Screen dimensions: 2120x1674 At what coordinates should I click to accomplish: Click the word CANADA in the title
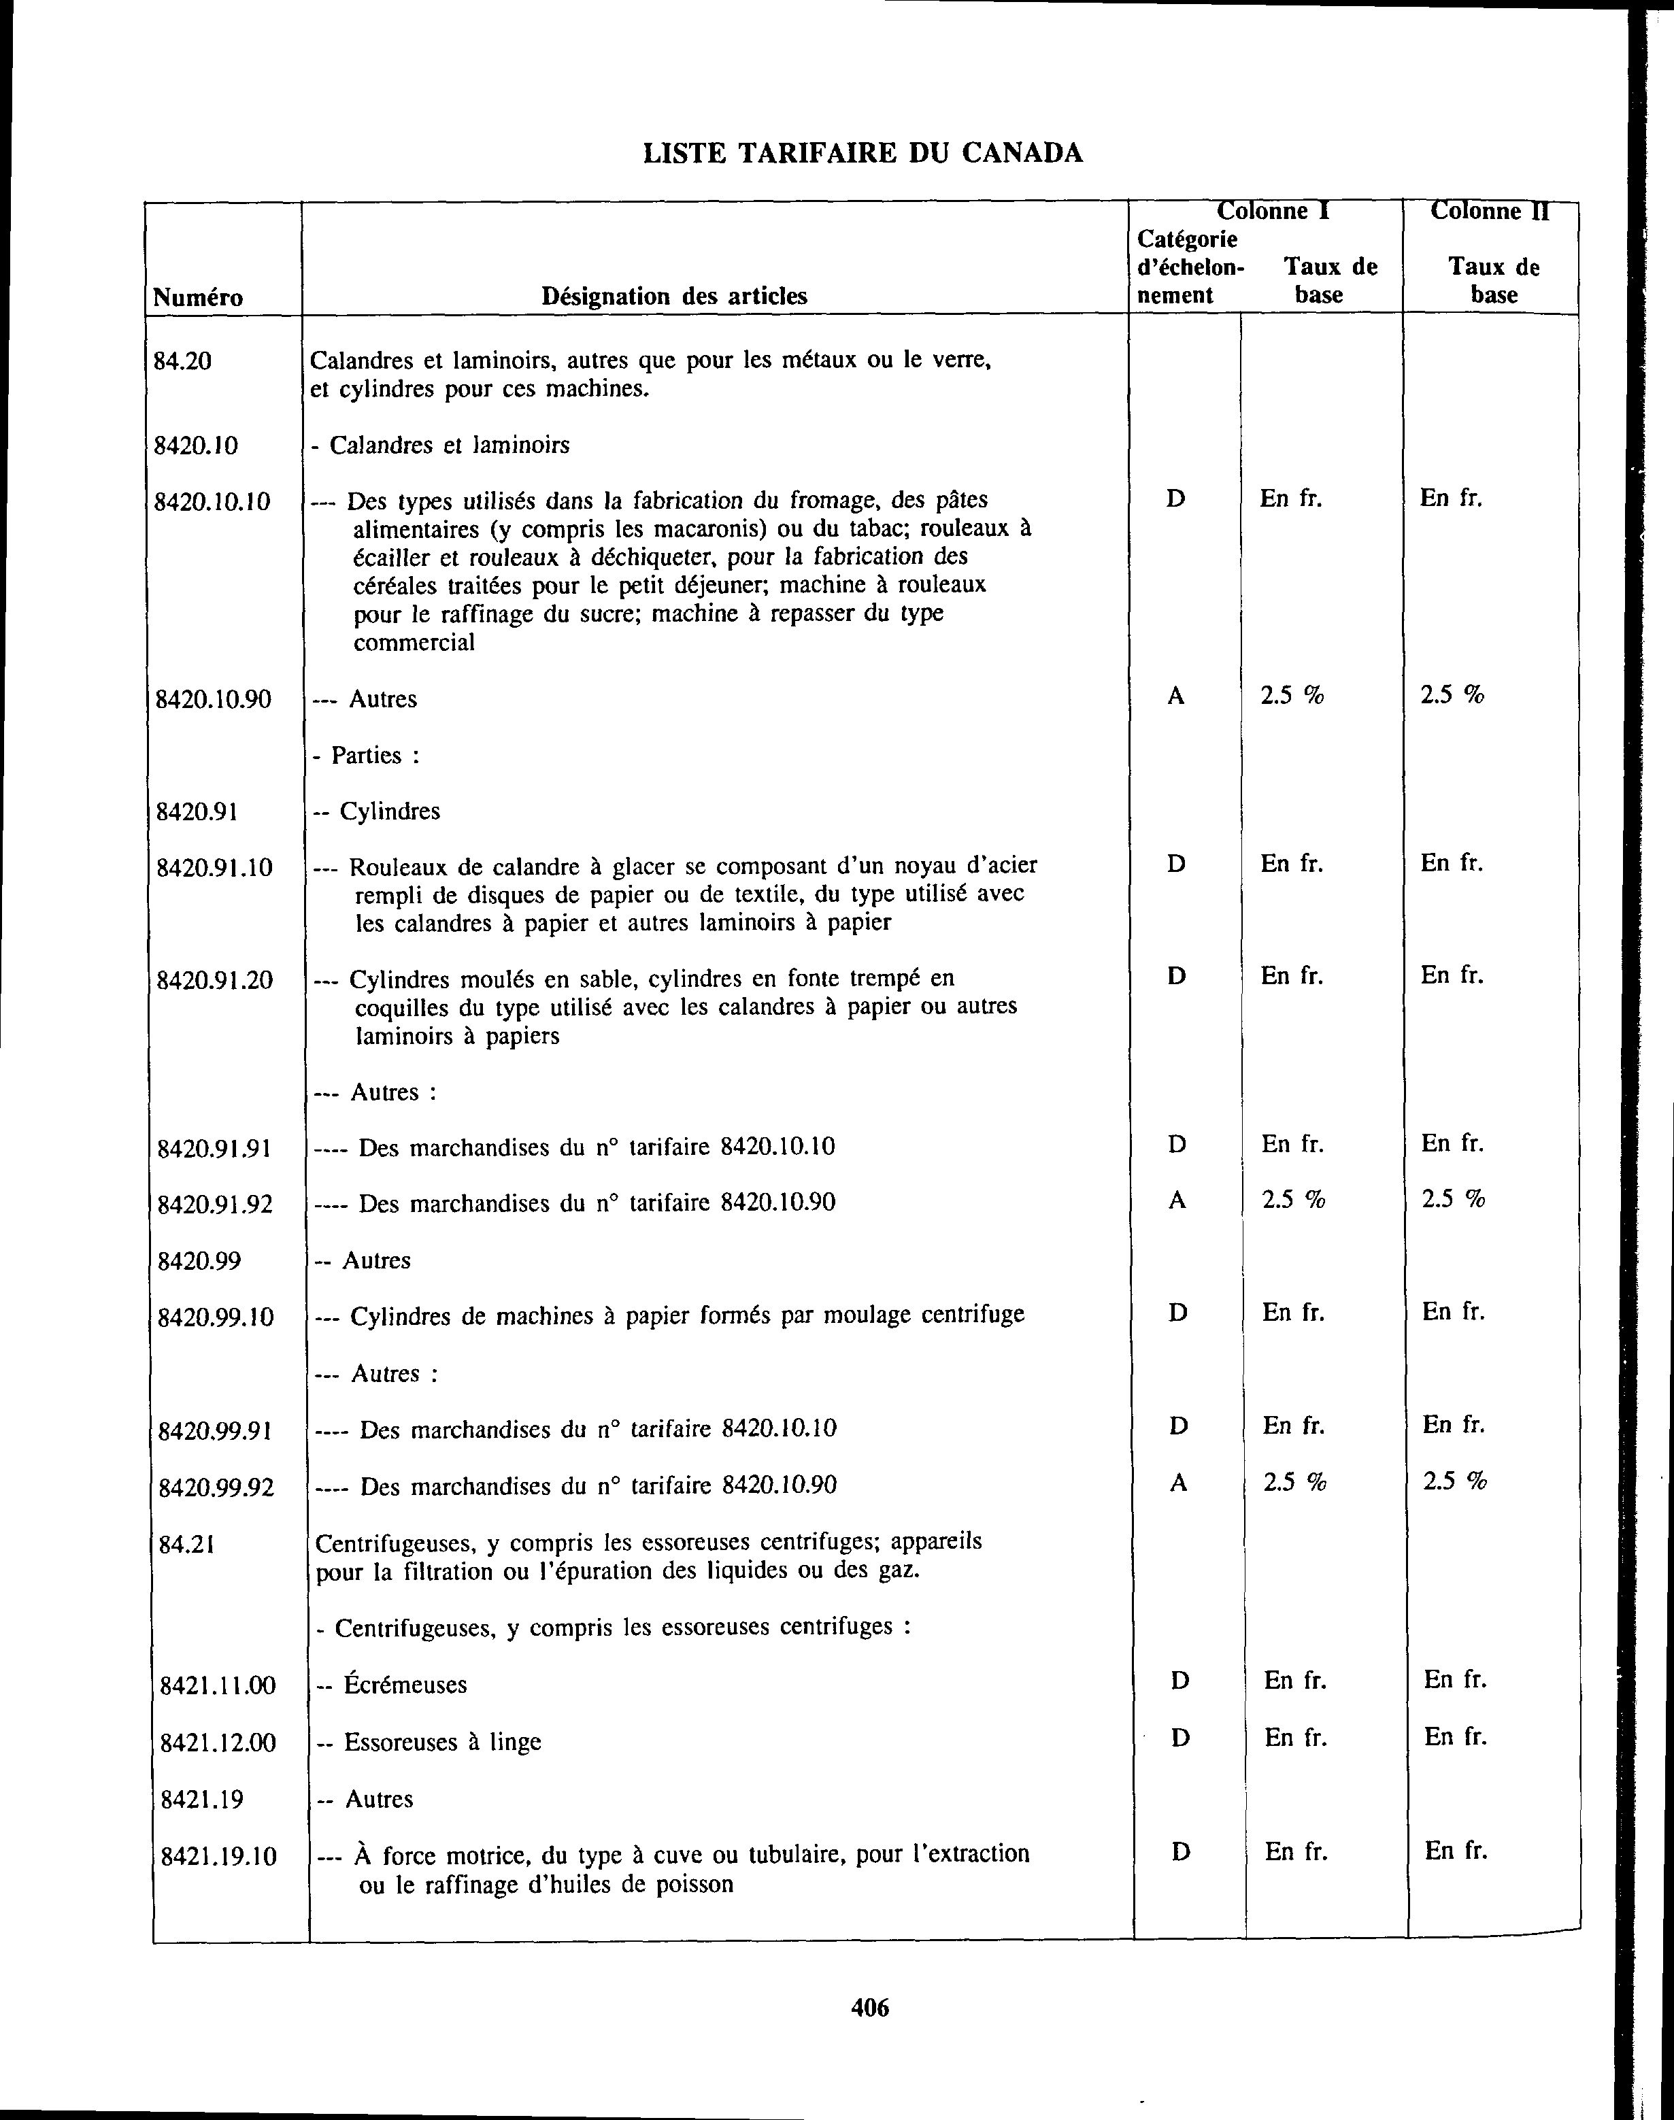click(x=1022, y=153)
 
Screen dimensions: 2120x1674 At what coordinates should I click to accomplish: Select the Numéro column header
click(x=198, y=297)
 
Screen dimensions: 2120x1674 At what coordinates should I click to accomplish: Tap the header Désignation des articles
click(x=674, y=296)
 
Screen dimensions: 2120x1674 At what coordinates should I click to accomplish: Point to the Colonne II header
click(x=1490, y=212)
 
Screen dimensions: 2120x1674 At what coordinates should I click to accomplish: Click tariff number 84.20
click(x=183, y=362)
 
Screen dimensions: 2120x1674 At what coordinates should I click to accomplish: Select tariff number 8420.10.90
click(x=214, y=700)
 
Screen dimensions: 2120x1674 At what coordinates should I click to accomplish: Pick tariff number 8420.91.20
click(x=215, y=980)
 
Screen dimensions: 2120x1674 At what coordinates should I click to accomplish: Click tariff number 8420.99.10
click(x=216, y=1316)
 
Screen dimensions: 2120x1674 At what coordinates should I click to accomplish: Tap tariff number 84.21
click(x=186, y=1545)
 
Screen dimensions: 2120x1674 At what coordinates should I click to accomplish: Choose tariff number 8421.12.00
click(x=218, y=1742)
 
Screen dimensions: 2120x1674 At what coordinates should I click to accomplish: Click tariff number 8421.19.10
click(x=218, y=1855)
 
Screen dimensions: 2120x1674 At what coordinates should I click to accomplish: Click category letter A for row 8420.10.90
click(x=1176, y=696)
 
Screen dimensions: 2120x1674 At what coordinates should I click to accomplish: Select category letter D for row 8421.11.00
click(x=1180, y=1681)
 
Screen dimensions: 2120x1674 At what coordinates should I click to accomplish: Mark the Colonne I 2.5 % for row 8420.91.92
click(x=1294, y=1200)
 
